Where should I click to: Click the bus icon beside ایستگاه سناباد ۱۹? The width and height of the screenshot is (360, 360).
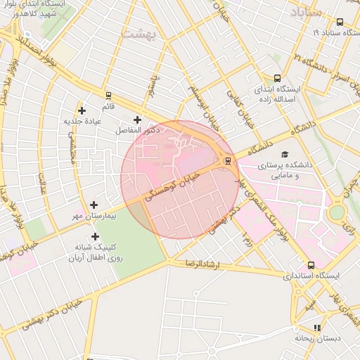pos(340,22)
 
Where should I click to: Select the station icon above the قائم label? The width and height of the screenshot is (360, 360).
pos(108,95)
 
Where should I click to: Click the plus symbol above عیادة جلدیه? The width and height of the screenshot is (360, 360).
pos(82,110)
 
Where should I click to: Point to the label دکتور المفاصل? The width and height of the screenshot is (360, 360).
pos(138,131)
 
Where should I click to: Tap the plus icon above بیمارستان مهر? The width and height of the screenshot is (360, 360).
pos(94,205)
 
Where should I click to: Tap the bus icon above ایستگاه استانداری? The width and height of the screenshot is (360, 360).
pos(311,265)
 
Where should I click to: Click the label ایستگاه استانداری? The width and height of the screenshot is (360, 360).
pos(310,276)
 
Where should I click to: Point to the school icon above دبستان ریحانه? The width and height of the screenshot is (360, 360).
pos(317,327)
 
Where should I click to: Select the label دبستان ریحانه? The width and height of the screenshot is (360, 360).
pos(317,338)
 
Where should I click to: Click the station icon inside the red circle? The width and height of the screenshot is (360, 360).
pos(226,161)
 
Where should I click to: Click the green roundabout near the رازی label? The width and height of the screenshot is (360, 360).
pos(337,211)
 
